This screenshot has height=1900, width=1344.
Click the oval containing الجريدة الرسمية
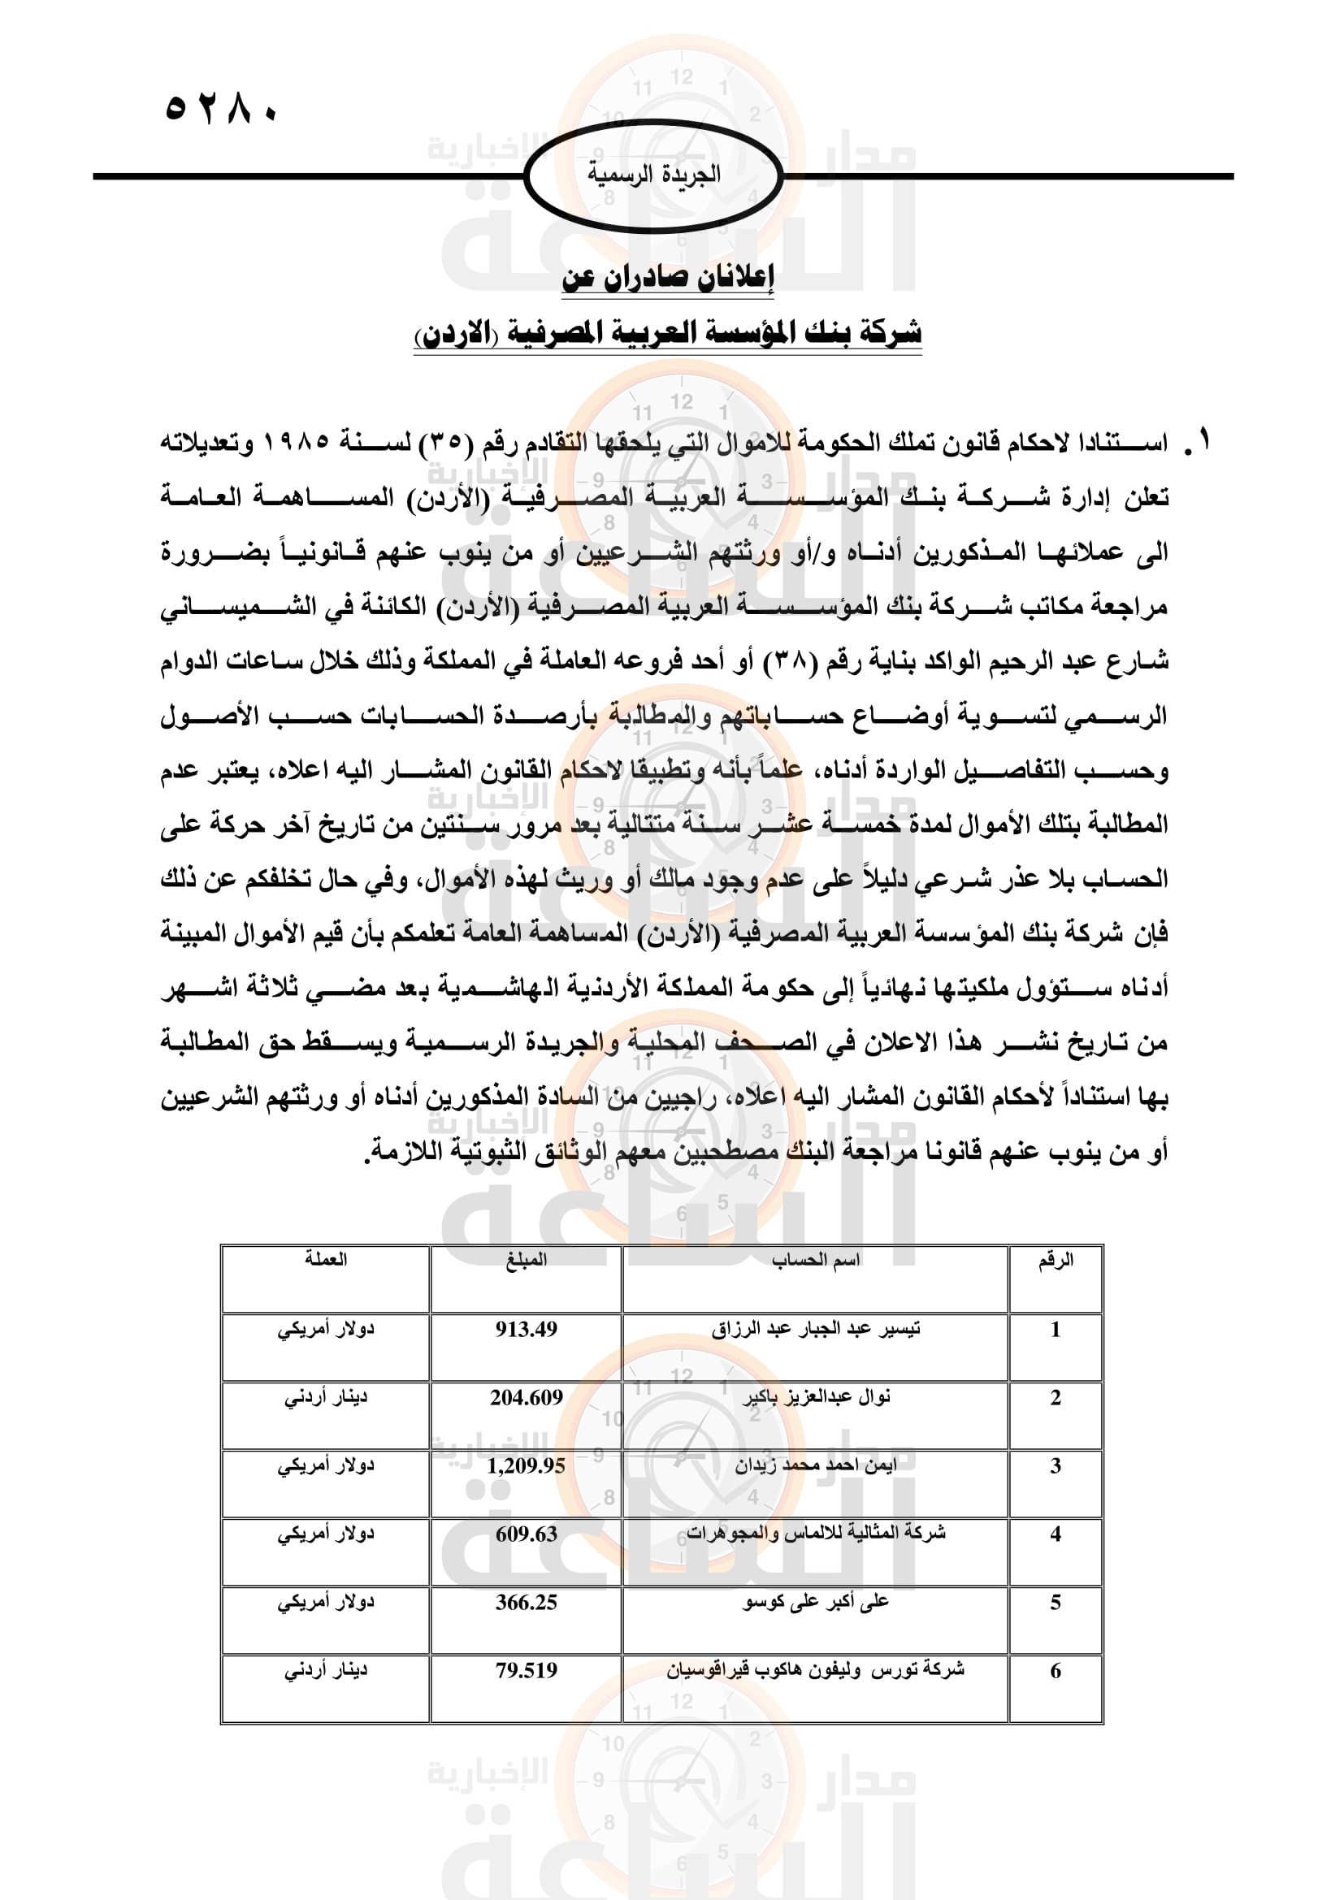point(653,176)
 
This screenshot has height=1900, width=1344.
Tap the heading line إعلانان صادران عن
point(668,277)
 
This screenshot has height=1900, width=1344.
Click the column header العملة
point(325,1260)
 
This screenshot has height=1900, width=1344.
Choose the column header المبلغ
point(527,1260)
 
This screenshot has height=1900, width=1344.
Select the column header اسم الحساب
point(815,1260)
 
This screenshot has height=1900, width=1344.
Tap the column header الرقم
point(1056,1260)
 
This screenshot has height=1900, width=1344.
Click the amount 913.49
point(527,1329)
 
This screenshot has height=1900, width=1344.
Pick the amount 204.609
point(527,1398)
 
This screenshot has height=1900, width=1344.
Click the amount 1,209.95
point(527,1465)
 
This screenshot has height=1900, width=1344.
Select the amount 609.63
point(527,1534)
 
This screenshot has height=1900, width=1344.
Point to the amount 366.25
point(527,1602)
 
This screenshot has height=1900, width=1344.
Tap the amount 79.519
point(527,1671)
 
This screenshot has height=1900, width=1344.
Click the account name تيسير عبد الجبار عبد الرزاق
point(815,1329)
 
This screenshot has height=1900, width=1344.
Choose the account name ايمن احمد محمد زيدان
point(815,1465)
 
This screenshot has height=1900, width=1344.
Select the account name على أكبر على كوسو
point(815,1602)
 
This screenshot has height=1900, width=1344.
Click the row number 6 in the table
point(1056,1671)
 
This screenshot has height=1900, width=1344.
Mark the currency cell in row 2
point(325,1398)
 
